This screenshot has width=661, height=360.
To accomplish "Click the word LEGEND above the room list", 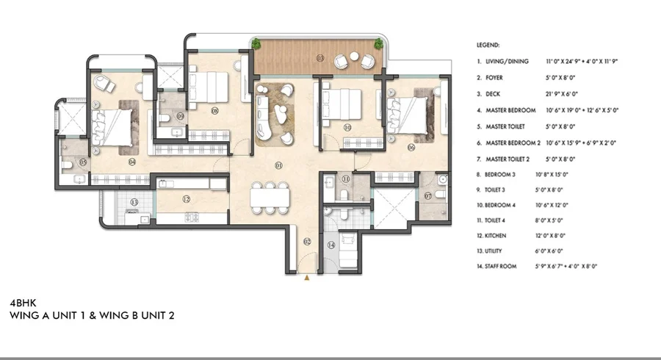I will pos(488,45).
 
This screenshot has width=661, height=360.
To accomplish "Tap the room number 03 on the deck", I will pos(319,57).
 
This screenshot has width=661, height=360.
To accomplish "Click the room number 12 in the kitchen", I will pos(187,199).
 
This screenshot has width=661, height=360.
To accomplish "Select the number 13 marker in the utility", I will pos(134,202).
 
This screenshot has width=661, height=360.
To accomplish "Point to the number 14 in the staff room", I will pos(331,245).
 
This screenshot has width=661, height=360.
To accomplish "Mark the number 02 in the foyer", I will pos(307,241).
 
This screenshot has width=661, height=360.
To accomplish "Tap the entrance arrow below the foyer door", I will pos(307,277).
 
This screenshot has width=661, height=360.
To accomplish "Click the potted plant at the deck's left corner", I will pos(256,44).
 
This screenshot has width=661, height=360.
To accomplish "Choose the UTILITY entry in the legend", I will pos(494,251).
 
